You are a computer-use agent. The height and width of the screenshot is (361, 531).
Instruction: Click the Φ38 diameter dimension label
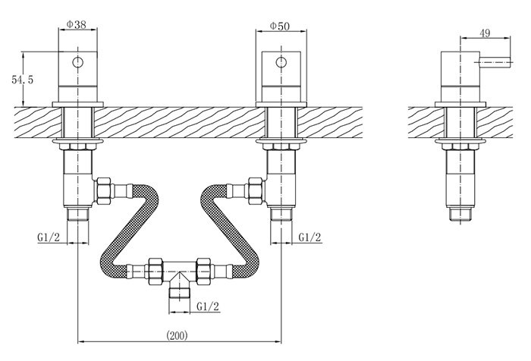point(76,24)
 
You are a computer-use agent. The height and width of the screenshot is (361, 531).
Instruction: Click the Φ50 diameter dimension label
point(280,26)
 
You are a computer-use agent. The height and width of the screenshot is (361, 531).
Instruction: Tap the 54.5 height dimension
point(22,80)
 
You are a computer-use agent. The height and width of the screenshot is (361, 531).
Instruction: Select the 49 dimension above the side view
point(485,33)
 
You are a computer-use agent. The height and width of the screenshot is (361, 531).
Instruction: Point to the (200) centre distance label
point(177,335)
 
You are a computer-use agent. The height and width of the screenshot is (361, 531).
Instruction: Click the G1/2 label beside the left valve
point(49,237)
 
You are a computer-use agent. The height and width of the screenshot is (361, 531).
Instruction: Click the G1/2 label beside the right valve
point(309,237)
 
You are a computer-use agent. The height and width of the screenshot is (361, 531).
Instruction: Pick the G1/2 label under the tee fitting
point(208,306)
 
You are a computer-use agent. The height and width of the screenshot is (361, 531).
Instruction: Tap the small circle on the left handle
point(78,62)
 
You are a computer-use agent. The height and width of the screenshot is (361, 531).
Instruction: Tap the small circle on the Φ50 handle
point(281,62)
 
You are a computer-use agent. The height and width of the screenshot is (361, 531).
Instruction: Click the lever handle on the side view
point(495,63)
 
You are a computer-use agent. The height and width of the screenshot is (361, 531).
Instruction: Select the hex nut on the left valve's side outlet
point(104,191)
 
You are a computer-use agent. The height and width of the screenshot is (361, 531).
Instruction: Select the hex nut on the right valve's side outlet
point(256,191)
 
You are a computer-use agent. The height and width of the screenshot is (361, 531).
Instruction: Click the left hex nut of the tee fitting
point(155,272)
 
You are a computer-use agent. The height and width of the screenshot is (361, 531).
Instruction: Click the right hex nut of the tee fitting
point(204,272)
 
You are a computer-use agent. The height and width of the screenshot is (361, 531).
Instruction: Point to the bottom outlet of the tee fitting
point(180,292)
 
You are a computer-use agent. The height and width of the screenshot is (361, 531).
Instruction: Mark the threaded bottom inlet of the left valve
point(78,215)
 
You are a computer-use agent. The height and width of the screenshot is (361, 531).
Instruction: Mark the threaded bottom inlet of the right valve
point(281,215)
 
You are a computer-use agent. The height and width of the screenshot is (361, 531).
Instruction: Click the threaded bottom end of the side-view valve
point(460,215)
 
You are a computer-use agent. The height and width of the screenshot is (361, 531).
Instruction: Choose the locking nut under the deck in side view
point(460,146)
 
